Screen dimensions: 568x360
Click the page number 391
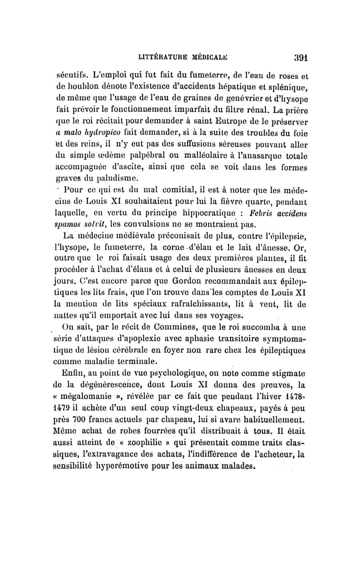click(298, 58)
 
